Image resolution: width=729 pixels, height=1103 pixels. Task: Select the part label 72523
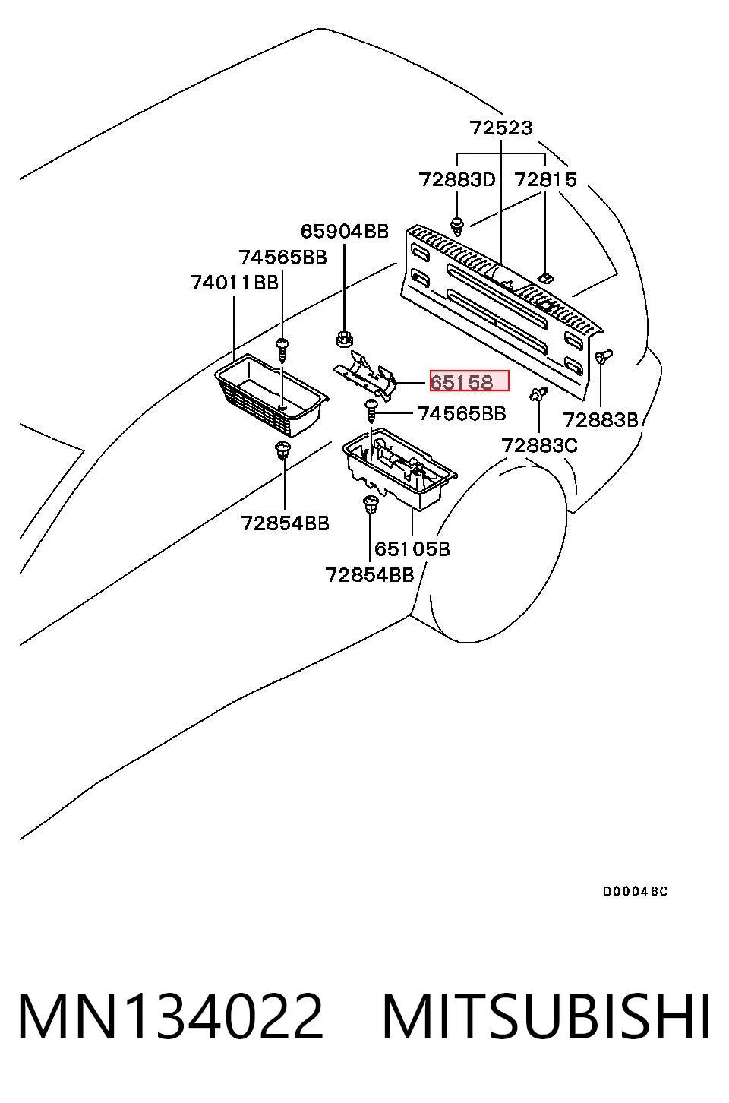[x=501, y=128]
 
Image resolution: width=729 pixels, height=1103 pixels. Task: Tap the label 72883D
[x=457, y=180]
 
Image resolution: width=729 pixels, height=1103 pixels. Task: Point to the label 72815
[x=545, y=180]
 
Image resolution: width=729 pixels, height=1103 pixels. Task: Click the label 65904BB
[x=345, y=231]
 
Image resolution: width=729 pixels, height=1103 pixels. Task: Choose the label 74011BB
[x=235, y=283]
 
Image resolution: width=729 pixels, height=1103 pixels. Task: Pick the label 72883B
[x=600, y=420]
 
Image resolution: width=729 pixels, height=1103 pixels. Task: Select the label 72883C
[x=539, y=446]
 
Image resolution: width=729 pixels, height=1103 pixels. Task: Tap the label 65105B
[x=412, y=548]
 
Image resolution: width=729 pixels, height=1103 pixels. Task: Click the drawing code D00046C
[x=636, y=892]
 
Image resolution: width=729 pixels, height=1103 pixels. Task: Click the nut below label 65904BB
[x=345, y=339]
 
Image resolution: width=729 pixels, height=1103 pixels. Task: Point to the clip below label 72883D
[x=458, y=226]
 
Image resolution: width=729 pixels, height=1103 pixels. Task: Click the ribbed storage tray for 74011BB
[x=272, y=394]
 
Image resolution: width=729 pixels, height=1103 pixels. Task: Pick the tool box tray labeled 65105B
[x=399, y=468]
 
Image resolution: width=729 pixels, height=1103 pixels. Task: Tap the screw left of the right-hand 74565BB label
[x=370, y=411]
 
